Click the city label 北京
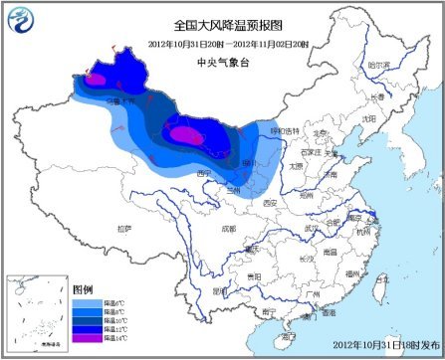click(320, 132)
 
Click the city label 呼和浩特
click(286, 130)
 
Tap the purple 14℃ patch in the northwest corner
click(96, 77)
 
